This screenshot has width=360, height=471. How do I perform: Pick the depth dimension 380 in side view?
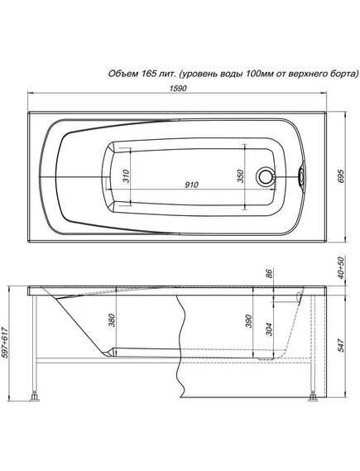112,321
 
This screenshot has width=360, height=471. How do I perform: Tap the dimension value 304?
269,327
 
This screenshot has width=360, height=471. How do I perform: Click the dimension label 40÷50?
341,267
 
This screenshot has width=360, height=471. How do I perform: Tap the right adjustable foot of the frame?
311,399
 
